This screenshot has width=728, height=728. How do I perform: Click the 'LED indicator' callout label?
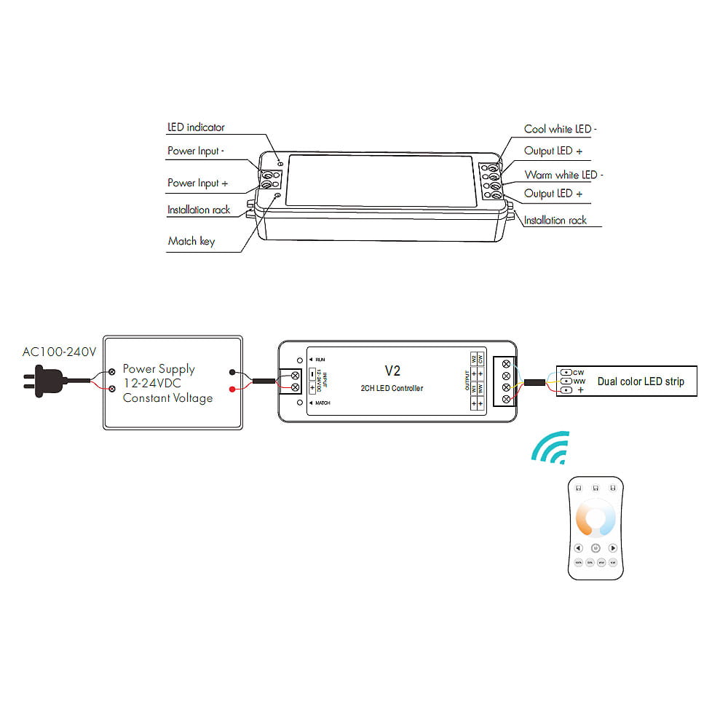click(196, 127)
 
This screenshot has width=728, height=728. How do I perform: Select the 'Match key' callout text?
click(191, 241)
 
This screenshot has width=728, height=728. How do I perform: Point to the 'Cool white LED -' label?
click(561, 130)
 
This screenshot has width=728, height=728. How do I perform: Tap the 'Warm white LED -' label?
click(564, 175)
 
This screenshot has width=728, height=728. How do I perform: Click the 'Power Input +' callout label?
click(198, 183)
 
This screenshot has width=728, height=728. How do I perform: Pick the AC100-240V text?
click(59, 352)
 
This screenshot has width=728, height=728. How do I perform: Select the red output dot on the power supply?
click(232, 389)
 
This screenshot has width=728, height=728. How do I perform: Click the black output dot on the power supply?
click(232, 371)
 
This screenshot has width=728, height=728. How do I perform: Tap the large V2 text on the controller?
click(392, 370)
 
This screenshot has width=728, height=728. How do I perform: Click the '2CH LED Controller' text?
click(392, 388)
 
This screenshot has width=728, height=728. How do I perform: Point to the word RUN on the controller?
click(320, 360)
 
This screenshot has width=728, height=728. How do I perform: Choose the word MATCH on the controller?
click(323, 402)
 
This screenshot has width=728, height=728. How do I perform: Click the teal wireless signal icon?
click(550, 449)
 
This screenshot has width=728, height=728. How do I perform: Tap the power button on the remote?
click(596, 547)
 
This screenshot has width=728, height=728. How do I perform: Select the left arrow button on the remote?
click(578, 547)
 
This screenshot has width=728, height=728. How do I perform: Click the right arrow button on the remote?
click(613, 547)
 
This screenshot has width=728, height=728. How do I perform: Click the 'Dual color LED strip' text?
click(641, 381)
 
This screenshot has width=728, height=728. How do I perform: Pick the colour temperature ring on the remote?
click(596, 519)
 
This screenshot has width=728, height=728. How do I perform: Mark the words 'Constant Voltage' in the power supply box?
click(167, 398)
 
